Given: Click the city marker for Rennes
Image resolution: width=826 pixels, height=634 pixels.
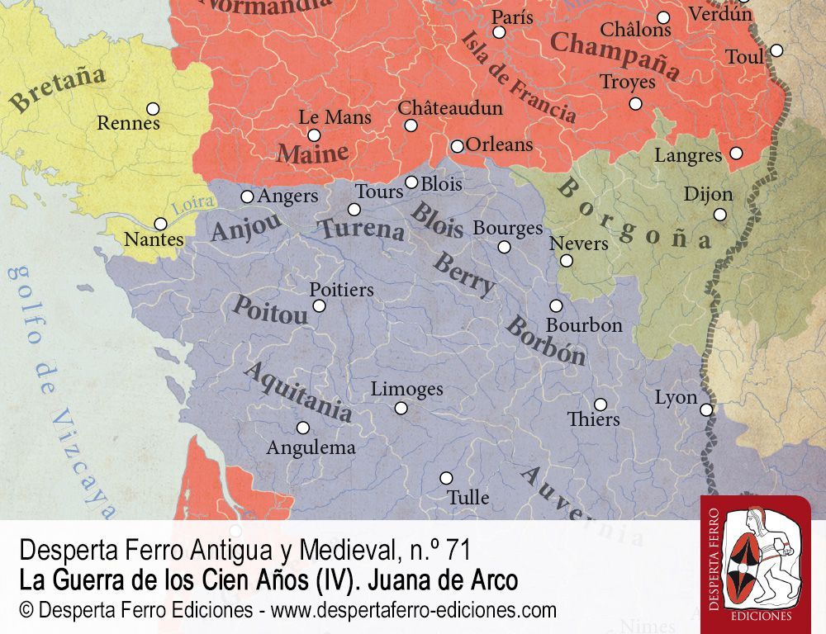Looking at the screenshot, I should click(153, 108).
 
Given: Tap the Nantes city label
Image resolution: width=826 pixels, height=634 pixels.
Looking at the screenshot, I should click(154, 240).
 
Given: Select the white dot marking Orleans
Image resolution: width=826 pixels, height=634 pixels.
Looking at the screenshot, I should click(457, 146).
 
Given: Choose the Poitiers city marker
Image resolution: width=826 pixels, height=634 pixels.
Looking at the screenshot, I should click(319, 306).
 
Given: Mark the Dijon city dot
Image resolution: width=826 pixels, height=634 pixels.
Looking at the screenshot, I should click(720, 215).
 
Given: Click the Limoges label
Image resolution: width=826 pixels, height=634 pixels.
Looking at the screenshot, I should click(406, 389).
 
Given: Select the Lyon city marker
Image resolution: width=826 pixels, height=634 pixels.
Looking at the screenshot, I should click(706, 409).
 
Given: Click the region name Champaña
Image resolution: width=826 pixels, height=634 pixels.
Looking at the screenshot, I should click(615, 55).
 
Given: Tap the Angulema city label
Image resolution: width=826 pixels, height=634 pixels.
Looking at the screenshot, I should click(311, 448).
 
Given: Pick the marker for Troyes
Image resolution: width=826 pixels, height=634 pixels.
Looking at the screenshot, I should click(635, 103).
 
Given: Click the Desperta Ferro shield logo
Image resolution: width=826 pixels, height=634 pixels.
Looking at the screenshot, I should click(755, 561).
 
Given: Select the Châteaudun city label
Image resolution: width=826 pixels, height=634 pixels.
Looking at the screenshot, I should click(449, 108).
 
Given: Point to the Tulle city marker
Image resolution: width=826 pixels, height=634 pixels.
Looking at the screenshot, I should click(446, 478).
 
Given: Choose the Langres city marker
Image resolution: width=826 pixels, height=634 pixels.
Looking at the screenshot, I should click(736, 153).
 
